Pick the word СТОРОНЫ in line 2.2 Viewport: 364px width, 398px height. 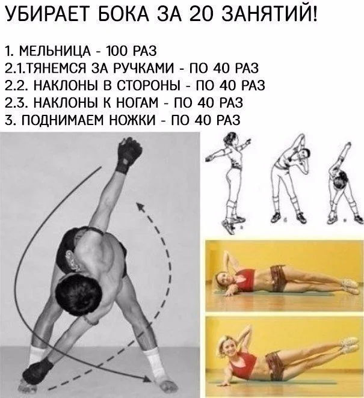(150, 84)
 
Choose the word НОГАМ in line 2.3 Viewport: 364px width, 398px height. (134, 102)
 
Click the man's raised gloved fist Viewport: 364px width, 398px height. (128, 153)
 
